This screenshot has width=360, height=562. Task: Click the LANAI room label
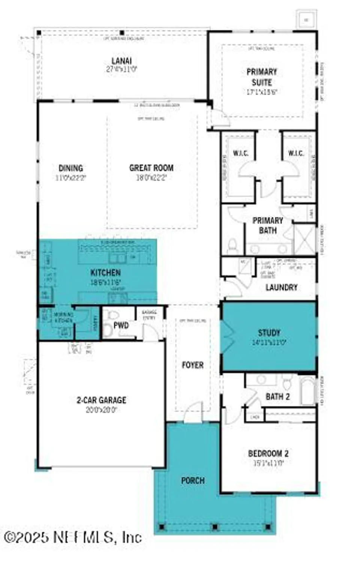[121, 61]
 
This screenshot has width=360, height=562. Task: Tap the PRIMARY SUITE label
[262, 77]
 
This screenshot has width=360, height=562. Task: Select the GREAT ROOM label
[151, 168]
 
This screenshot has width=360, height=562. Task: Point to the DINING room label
[71, 168]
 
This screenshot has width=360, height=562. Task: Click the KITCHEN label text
[106, 272]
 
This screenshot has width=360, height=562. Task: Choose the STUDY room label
[269, 332]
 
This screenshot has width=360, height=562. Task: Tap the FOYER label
[193, 365]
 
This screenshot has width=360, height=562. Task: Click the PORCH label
[193, 480]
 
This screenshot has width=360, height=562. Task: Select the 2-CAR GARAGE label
[102, 400]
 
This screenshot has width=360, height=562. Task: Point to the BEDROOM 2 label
[268, 453]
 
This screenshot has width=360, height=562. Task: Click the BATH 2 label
[278, 396]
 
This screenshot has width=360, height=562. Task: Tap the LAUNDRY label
[281, 287]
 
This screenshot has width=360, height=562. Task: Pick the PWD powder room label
[121, 325]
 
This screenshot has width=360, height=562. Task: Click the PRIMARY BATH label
[267, 225]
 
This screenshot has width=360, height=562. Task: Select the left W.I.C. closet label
[240, 153]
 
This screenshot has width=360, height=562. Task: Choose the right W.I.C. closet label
[296, 153]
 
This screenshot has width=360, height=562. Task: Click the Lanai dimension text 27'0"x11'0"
[121, 69]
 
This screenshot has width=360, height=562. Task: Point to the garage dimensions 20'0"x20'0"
[102, 410]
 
